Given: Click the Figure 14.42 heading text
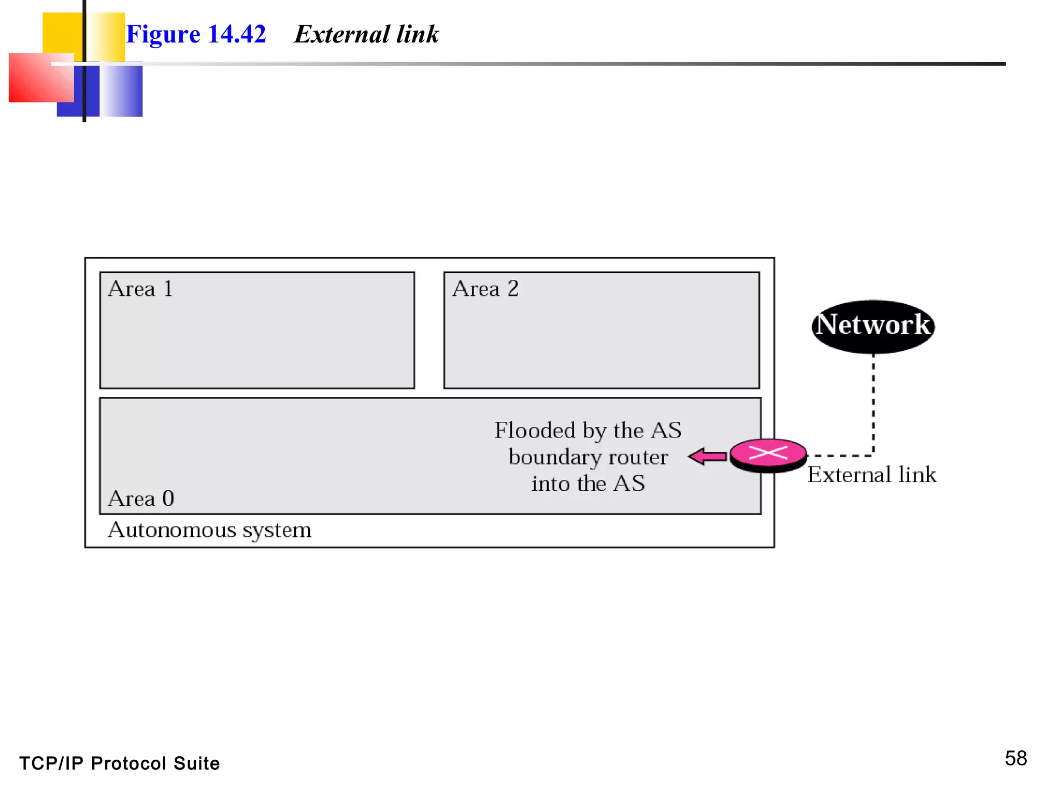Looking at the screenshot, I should coord(196,35).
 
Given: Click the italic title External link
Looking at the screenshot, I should coord(366,35).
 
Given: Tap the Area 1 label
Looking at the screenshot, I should coord(140,289).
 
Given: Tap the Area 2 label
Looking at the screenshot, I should coord(485,289).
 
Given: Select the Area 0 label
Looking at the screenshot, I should coord(141,499).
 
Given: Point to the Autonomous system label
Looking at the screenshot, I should coord(209,530).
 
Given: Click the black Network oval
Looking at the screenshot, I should coord(873,326).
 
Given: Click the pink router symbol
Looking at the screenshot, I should coord(768,454).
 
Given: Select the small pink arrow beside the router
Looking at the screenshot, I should coord(708,457).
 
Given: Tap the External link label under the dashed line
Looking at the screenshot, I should coord(871,475).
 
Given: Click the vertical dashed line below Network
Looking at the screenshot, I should coord(873,404).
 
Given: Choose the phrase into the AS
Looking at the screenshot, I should coord(588,484).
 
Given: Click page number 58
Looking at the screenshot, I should coord(1015,758).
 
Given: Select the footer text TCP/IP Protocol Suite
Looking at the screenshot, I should coord(120,763).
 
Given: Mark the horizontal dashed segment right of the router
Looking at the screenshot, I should coord(839,456).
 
